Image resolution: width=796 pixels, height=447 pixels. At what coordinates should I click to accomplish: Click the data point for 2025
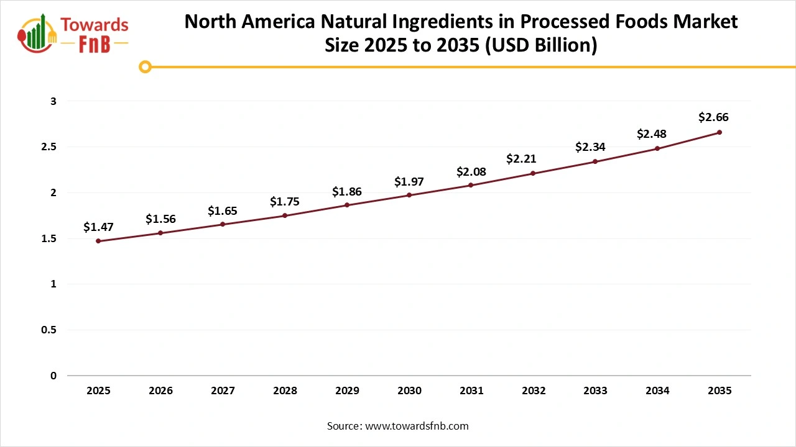(98, 241)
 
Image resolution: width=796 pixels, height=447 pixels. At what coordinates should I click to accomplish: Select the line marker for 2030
(409, 195)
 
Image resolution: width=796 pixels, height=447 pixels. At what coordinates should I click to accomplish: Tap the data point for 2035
(720, 132)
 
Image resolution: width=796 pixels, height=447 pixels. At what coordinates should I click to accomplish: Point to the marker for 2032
(534, 173)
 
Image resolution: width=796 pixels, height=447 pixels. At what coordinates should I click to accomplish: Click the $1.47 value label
(98, 227)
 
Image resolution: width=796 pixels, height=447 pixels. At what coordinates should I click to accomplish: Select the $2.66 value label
(713, 117)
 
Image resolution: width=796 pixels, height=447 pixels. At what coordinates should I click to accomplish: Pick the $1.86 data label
(346, 192)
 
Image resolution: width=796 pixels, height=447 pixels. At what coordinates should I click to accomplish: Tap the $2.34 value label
(590, 147)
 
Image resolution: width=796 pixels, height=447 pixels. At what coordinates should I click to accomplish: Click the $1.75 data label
(285, 202)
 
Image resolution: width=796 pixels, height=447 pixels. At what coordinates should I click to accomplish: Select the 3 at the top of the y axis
(53, 101)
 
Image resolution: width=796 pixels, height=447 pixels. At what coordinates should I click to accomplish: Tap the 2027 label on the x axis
(223, 391)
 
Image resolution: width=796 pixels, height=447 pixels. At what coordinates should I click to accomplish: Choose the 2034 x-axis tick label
(657, 391)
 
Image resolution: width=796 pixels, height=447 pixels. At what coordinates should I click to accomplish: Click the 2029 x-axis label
(347, 391)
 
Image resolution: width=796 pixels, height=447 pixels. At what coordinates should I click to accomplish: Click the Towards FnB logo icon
(37, 33)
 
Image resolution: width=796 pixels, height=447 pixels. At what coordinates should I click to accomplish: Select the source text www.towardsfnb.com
(417, 426)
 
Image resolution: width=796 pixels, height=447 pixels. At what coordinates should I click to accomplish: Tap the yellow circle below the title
(145, 66)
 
